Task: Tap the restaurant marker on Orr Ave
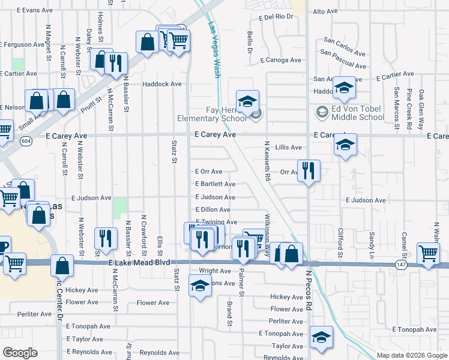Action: [308, 171]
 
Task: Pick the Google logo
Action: [20, 352]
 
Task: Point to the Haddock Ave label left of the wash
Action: [161, 84]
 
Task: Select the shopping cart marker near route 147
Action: [429, 253]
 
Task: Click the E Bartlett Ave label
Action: [215, 184]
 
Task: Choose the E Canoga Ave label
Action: [281, 60]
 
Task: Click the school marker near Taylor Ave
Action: [321, 338]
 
